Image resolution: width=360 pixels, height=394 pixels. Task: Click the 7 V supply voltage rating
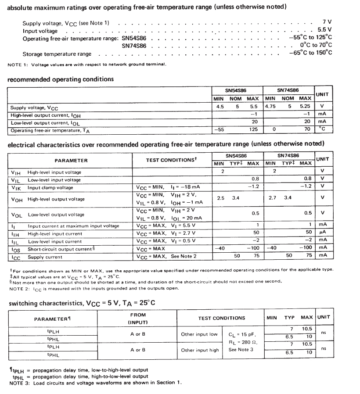[327, 21]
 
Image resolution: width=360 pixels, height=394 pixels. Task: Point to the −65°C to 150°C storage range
[310, 53]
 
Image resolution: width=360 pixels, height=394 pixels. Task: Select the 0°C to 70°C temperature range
[316, 45]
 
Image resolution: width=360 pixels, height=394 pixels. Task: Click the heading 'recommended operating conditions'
[61, 79]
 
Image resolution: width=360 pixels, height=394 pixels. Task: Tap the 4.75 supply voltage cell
[271, 107]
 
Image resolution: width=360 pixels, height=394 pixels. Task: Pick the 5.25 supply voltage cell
[304, 107]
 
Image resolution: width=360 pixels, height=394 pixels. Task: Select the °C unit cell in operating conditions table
[322, 129]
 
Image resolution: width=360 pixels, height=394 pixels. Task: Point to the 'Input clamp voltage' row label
[50, 188]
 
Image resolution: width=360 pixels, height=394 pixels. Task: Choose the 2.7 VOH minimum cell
[272, 198]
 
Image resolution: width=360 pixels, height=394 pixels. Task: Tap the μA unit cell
[322, 233]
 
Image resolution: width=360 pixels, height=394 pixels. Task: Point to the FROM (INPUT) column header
[137, 319]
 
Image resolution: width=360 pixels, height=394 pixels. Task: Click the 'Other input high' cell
[199, 350]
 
